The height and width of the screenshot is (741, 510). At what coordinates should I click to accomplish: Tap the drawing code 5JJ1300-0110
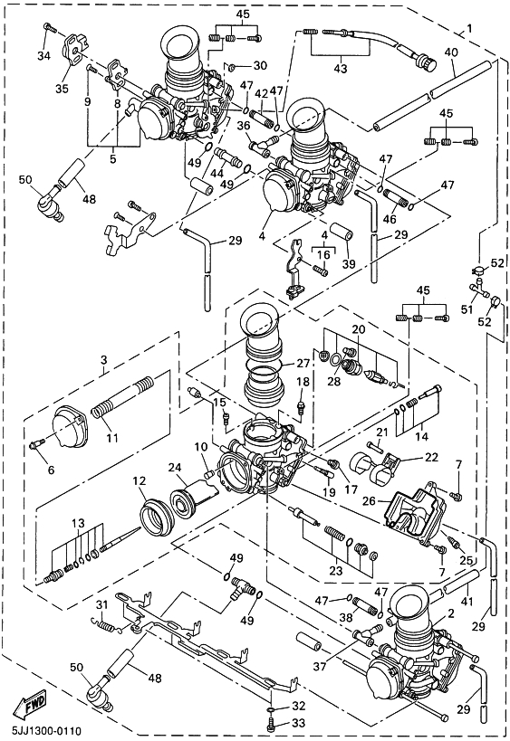coord(41,731)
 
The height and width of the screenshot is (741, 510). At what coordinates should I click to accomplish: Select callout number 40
coord(451,52)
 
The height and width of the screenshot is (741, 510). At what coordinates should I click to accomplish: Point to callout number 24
coord(175,469)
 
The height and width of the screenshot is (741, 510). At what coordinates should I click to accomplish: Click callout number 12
coord(139,481)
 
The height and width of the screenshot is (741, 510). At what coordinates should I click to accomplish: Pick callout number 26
coord(369,499)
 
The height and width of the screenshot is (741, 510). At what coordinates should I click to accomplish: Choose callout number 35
coord(62,89)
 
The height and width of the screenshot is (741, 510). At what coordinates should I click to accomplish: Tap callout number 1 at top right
coord(469,28)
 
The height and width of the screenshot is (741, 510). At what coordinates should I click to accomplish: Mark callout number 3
coord(104,360)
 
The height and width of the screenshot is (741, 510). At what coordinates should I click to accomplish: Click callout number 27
coord(303,363)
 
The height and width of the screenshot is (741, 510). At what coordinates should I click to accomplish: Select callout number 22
coord(431,457)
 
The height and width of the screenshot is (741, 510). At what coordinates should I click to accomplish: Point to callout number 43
coord(341,69)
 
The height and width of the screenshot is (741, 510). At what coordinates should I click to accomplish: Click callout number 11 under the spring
coord(112,438)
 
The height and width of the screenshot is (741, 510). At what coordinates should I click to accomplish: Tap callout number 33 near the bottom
coord(299,723)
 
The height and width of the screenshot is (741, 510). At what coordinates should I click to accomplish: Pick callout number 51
coord(467,309)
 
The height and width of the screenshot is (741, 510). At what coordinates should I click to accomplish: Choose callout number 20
coord(358,329)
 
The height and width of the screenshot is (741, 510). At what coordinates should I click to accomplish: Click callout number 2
coord(451,613)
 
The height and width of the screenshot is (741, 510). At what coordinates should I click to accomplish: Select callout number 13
coord(78,523)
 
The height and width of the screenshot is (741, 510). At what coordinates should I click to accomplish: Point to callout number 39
coord(349,263)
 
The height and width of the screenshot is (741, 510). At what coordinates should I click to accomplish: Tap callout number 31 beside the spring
coord(102,604)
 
